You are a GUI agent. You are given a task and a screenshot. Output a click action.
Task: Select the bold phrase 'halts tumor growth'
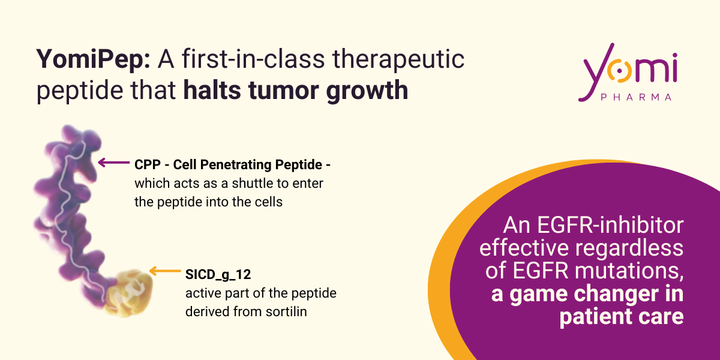point(295,91)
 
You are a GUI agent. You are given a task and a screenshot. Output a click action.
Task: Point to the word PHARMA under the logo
point(636,97)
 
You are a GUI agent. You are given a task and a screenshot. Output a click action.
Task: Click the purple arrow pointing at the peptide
point(114,163)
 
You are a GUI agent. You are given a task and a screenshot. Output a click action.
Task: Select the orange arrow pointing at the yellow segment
point(165,271)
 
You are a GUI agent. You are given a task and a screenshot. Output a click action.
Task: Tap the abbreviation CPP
point(148,164)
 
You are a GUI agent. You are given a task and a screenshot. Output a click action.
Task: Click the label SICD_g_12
point(218,275)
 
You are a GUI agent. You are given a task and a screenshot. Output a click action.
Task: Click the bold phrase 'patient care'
point(622,317)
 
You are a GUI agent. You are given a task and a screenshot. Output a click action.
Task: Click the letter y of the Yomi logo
point(596,73)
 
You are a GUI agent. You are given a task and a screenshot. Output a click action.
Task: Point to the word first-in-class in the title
point(253,59)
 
